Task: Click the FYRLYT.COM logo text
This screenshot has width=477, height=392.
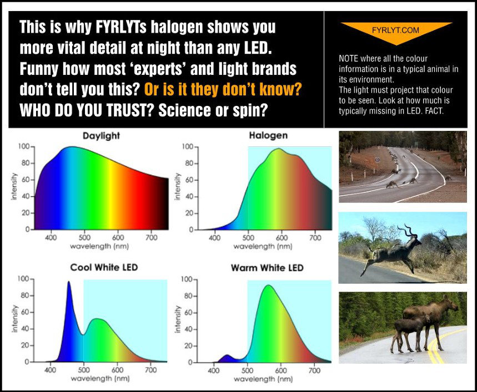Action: pos(395,30)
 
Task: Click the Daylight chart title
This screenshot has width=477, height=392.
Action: pos(101,136)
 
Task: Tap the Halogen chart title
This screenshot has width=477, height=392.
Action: pos(268,135)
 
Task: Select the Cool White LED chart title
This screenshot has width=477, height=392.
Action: pos(104,267)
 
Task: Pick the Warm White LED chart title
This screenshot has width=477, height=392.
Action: pos(268,268)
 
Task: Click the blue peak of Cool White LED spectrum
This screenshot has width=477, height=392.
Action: pos(69,282)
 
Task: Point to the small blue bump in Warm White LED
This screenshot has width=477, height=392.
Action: pos(227,356)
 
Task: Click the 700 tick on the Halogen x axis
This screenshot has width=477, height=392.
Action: pos(315,238)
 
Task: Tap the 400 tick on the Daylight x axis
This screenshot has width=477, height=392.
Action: pos(51,237)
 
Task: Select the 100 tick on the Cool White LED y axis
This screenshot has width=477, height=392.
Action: pos(23,279)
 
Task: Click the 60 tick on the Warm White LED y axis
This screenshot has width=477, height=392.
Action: pos(189,313)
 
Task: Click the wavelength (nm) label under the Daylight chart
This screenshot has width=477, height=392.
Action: pos(99,246)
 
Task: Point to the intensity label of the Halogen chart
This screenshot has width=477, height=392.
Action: pos(177,186)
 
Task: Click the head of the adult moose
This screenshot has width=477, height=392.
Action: pos(452,304)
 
